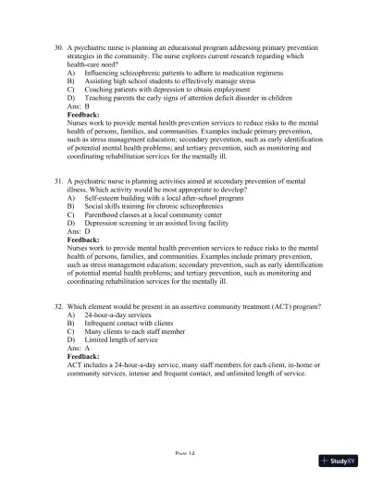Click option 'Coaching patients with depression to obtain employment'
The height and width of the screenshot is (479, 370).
click(159, 88)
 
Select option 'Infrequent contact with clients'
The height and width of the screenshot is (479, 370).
click(125, 322)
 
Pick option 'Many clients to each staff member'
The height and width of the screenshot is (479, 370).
click(130, 330)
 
